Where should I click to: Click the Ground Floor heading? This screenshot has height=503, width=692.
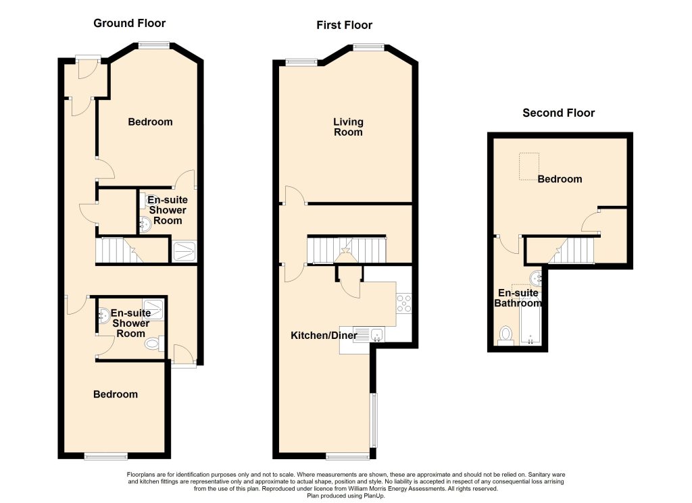129,24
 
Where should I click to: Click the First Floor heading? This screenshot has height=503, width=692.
344,25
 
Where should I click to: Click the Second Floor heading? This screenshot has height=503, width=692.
558,113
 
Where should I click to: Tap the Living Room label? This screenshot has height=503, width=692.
348,127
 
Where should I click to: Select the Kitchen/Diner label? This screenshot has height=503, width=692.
324,336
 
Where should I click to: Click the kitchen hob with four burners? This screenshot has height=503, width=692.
404,303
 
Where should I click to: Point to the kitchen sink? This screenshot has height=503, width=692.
368,334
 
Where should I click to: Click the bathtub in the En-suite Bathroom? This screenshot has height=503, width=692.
530,327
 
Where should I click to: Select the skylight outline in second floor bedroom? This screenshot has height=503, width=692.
529,166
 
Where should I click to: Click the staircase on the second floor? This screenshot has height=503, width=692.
572,250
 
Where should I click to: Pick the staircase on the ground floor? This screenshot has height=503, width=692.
118,250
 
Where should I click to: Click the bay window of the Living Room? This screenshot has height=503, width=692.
368,47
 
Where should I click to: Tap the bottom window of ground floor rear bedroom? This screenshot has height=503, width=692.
106,456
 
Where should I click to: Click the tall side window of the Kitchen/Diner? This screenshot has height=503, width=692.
373,420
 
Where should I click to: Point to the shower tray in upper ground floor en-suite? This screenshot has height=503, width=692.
184,251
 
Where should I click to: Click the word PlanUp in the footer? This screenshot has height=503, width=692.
374,496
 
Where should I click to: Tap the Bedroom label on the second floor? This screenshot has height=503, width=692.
560,179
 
